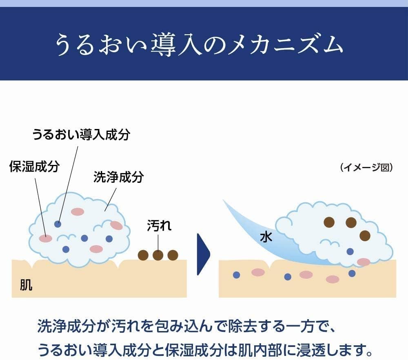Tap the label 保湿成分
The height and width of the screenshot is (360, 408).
pyautogui.click(x=35, y=167)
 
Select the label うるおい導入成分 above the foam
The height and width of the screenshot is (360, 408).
pyautogui.click(x=81, y=134)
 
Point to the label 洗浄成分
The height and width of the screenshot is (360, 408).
pyautogui.click(x=119, y=177)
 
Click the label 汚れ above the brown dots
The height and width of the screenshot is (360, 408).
pyautogui.click(x=159, y=226)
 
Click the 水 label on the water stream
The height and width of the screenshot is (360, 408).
pyautogui.click(x=266, y=237)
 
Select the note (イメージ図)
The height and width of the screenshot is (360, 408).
pyautogui.click(x=366, y=168)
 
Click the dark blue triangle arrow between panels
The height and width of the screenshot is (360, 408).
pyautogui.click(x=203, y=254)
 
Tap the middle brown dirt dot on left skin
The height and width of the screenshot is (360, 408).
pyautogui.click(x=158, y=255)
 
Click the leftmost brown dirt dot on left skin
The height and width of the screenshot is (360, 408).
pyautogui.click(x=143, y=255)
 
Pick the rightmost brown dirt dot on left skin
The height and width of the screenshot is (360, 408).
pyautogui.click(x=173, y=255)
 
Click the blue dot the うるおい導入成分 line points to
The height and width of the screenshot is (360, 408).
pyautogui.click(x=58, y=224)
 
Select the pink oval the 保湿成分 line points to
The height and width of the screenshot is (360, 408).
pyautogui.click(x=46, y=238)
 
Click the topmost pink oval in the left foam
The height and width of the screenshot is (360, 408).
pyautogui.click(x=78, y=211)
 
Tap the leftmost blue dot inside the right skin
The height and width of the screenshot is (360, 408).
pyautogui.click(x=236, y=275)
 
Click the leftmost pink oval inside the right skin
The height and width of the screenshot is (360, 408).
pyautogui.click(x=258, y=272)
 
